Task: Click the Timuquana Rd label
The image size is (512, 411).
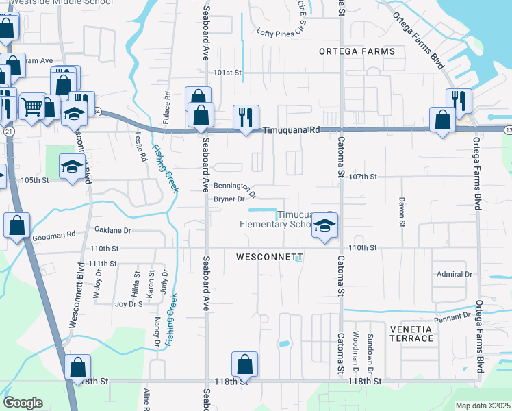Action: coord(292,129)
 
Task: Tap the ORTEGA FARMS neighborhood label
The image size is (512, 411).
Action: coord(357,52)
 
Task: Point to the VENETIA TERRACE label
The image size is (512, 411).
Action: coord(411,334)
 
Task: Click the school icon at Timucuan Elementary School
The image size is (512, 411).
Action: coord(325,225)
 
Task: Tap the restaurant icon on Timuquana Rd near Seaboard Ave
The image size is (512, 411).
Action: coord(244,116)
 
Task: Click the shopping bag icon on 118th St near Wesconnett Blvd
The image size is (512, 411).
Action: coord(78,366)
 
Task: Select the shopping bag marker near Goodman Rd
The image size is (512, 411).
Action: coord(16,224)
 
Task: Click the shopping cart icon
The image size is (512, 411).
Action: coord(32,106)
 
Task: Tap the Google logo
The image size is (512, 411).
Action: coord(23,403)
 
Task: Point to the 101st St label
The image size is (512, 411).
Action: coord(228,72)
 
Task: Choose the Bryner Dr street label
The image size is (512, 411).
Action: coord(229,199)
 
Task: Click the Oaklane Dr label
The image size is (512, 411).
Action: coord(112,230)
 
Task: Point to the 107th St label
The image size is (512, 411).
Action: coord(363,177)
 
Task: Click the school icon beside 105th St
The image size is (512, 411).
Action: coord(71,166)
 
